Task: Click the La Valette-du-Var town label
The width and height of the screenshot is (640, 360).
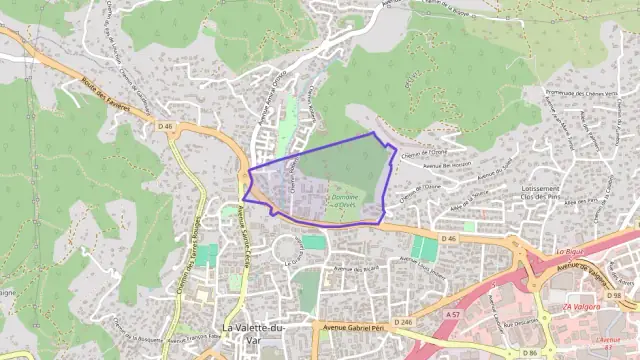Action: tap(252, 333)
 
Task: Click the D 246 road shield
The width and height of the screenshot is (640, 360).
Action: tap(403, 321)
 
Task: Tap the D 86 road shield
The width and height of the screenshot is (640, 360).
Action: tap(526, 352)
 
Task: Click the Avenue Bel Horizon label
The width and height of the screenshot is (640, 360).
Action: tap(447, 164)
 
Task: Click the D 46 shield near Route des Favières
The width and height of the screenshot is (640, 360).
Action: tap(165, 126)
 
